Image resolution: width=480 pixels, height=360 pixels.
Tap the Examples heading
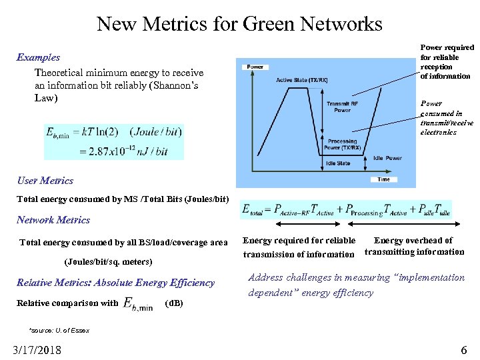(x=38, y=57)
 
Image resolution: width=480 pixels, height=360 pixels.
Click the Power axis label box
(x=255, y=67)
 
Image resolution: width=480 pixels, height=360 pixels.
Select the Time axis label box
(x=383, y=179)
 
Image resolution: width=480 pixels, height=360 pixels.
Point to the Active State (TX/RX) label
(x=301, y=81)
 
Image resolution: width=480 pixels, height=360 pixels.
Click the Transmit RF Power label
(x=342, y=107)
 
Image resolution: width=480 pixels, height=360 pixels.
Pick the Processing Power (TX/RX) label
(x=342, y=145)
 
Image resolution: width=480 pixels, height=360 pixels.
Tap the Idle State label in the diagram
(x=339, y=163)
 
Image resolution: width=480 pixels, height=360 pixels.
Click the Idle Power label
(x=387, y=158)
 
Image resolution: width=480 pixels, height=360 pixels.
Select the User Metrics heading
(x=45, y=181)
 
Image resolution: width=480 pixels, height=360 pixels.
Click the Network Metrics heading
(x=53, y=220)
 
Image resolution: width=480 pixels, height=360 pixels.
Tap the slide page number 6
(x=464, y=349)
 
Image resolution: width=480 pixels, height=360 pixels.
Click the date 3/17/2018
(x=37, y=349)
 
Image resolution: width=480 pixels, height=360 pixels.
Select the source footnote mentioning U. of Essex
(x=59, y=330)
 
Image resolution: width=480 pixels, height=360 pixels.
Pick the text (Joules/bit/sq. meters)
(x=109, y=261)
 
